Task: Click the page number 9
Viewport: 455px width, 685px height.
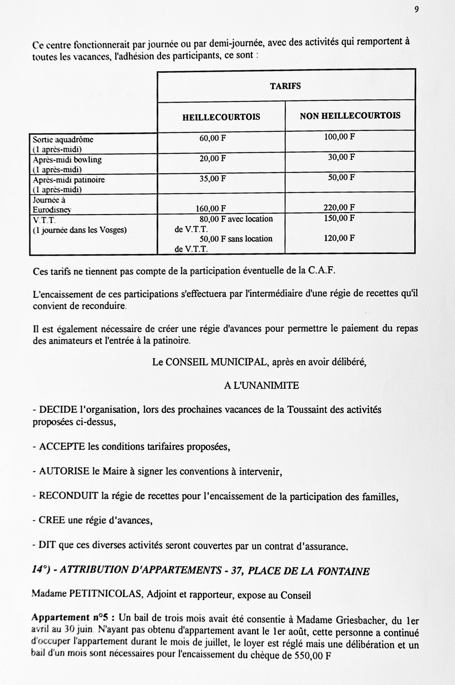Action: pyautogui.click(x=416, y=10)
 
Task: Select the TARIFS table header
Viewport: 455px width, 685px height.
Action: pyautogui.click(x=285, y=86)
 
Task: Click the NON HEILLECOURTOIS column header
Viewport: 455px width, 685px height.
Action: pyautogui.click(x=350, y=116)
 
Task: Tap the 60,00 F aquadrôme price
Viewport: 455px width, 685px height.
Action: pyautogui.click(x=212, y=138)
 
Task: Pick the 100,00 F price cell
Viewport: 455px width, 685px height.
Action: pyautogui.click(x=339, y=137)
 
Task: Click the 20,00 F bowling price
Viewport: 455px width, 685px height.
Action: pyautogui.click(x=212, y=158)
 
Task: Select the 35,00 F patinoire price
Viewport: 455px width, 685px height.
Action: pyautogui.click(x=212, y=178)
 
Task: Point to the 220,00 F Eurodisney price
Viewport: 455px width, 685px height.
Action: pyautogui.click(x=339, y=207)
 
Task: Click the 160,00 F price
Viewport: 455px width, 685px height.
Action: pyautogui.click(x=211, y=208)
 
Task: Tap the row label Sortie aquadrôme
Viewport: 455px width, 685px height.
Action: pyautogui.click(x=63, y=140)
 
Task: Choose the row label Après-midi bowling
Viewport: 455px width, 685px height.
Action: pyautogui.click(x=67, y=160)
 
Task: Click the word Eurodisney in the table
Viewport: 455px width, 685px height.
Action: pyautogui.click(x=52, y=210)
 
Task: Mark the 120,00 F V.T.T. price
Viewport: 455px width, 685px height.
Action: pyautogui.click(x=339, y=238)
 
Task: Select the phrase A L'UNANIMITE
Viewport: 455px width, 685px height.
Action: pyautogui.click(x=261, y=386)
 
